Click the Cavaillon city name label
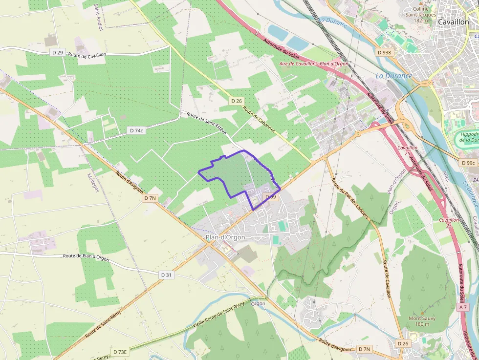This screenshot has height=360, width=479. coord(454,22)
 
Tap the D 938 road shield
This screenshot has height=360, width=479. coord(384,52)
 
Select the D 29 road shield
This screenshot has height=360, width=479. coord(57,52)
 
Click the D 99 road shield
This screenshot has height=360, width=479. coord(270,197)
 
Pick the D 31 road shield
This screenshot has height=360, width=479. coord(166,275)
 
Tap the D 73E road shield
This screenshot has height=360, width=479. coord(120,352)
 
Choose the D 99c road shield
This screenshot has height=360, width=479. coord(468,163)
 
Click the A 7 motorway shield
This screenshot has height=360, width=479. coord(463,307)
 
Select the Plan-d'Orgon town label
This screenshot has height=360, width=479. coord(225,237)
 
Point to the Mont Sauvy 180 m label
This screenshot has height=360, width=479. coord(422,321)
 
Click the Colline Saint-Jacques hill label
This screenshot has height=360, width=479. coord(421,15)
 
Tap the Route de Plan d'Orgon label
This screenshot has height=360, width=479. coord(86,257)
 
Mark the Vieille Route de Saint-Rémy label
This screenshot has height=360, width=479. coord(218,315)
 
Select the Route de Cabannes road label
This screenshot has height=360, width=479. coord(259,122)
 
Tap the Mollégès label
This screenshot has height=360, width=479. coord(93,182)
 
